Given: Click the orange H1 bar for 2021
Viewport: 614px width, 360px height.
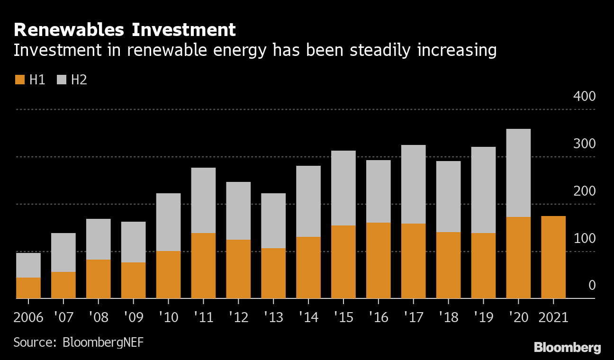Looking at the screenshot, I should tap(553, 257).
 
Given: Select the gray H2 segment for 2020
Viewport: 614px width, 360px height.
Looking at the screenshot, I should tap(518, 173).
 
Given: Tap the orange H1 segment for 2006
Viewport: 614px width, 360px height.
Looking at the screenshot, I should tap(28, 288).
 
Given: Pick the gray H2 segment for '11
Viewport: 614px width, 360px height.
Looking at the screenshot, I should tap(203, 200).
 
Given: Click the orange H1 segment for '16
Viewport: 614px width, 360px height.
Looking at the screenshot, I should tap(379, 260).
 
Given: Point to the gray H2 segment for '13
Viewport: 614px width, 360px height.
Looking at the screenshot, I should tap(273, 221).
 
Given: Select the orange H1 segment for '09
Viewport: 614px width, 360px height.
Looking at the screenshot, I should tap(133, 280).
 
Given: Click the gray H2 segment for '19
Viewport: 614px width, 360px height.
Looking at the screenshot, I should tap(483, 190).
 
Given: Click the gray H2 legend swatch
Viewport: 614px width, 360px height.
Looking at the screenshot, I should tap(61, 80).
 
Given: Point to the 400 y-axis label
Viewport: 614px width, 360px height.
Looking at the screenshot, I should tap(584, 97).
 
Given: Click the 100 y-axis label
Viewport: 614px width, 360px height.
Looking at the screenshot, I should tap(584, 239).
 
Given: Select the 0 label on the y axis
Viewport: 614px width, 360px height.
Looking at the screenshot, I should tap(591, 286).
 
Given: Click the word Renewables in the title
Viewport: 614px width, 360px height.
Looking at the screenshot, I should tap(69, 30).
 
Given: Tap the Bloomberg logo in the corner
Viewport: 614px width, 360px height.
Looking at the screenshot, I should tap(567, 348).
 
